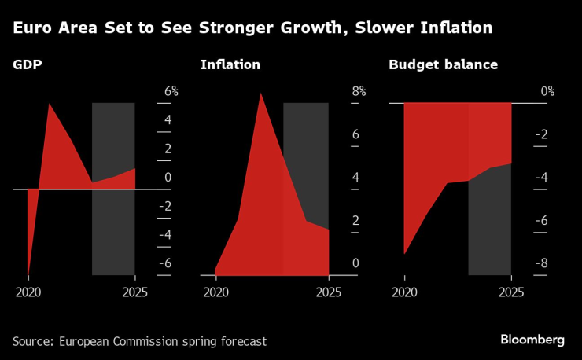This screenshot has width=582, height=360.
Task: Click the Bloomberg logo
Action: point(532,340)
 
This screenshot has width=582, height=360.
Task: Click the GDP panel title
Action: point(28,65)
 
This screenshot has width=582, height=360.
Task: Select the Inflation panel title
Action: point(230,65)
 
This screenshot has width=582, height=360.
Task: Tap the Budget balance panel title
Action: point(443,65)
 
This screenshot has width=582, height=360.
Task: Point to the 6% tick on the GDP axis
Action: point(171,92)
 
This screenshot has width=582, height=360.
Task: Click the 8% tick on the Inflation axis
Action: point(359,91)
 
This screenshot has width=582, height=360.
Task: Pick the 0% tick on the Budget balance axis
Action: point(547,92)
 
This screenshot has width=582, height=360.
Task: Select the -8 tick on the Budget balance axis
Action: point(541,263)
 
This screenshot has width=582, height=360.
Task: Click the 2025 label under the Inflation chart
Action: point(328,292)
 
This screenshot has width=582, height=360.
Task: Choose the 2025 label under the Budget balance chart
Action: point(511,292)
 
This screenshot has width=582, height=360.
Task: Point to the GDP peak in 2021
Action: point(50,104)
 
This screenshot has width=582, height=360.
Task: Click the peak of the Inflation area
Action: point(260,94)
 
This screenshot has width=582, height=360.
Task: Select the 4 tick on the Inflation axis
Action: point(355,178)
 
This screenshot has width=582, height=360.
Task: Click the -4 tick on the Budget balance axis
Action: point(541,178)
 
